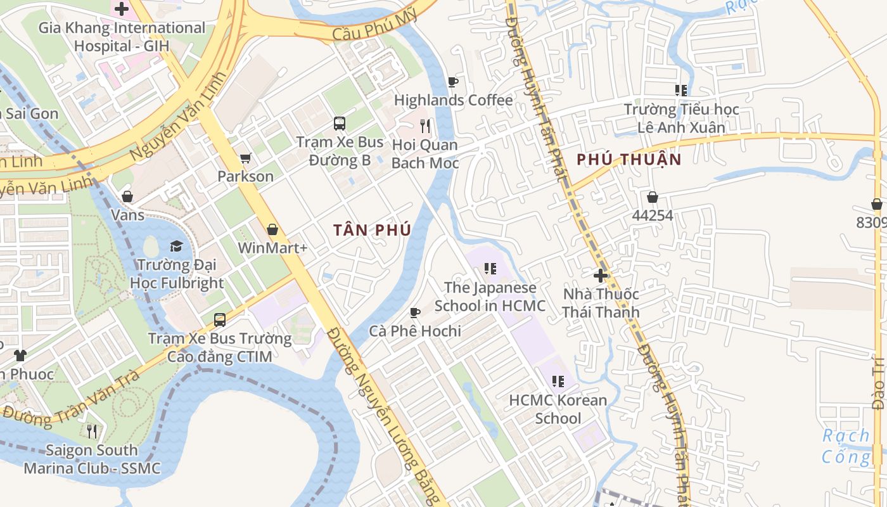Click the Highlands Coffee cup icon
(x=452, y=82)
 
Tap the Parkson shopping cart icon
(x=245, y=158)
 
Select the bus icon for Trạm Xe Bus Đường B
(x=340, y=123)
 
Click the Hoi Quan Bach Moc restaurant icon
(x=425, y=126)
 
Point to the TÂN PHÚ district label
(x=373, y=230)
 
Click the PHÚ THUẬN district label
(x=629, y=160)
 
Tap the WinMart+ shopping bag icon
(x=272, y=229)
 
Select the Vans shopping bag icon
(x=127, y=196)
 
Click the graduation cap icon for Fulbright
(x=176, y=246)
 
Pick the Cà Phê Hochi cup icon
(x=415, y=312)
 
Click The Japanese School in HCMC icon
(x=490, y=269)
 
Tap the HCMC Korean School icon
(x=558, y=382)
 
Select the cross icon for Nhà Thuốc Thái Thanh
(x=601, y=276)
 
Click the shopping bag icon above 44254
(x=652, y=197)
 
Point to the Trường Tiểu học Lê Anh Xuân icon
(x=681, y=91)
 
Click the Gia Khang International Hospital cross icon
(x=121, y=9)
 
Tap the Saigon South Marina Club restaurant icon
(x=93, y=432)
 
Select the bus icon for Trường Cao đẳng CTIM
(x=220, y=319)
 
